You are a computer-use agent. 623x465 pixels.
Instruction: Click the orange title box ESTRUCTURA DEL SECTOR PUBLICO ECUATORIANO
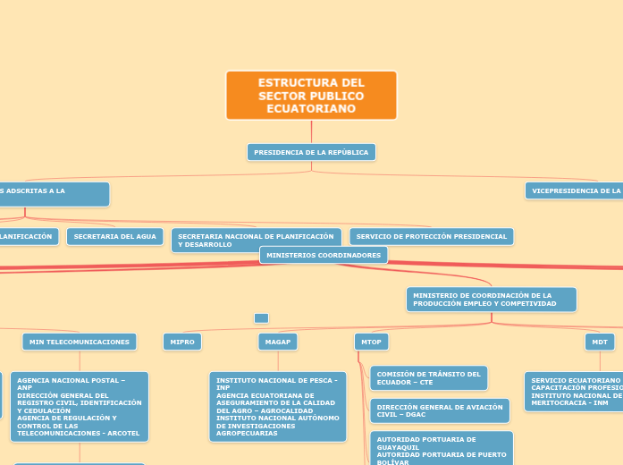coord(311,95)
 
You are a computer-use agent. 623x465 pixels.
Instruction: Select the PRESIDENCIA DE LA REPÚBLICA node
coord(311,153)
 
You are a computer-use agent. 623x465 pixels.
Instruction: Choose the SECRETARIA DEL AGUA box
coord(115,237)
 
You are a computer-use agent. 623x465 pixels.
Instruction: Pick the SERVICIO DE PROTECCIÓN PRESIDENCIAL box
coord(431,237)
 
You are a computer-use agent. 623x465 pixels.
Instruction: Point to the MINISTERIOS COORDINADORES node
coord(324,256)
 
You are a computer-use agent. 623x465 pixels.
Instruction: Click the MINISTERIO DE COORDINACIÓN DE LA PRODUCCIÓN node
coord(491,300)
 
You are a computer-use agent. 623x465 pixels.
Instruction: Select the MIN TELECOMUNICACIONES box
coord(80,342)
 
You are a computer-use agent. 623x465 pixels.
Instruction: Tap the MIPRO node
coord(182,342)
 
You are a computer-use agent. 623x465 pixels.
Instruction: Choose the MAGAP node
coord(278,342)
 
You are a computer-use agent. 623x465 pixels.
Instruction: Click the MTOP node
coord(371,342)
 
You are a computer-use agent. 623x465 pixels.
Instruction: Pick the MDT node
coord(598,342)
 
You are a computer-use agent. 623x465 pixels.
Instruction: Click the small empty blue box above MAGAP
coord(261,318)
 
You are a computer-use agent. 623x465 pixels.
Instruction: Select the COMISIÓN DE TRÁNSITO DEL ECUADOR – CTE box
coord(428,378)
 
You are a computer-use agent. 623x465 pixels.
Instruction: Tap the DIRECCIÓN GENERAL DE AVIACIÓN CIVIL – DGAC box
coord(439,411)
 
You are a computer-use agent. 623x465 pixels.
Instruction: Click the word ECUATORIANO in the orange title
coord(311,109)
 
